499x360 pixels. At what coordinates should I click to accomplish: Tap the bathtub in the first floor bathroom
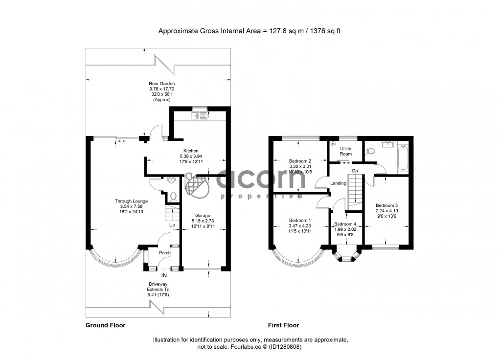click(403, 157)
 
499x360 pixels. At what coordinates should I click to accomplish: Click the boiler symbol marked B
click(333, 144)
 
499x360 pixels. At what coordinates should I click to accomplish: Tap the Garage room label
click(203, 215)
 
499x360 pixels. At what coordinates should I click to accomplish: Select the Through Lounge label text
click(131, 201)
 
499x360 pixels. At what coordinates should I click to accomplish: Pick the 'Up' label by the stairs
click(172, 225)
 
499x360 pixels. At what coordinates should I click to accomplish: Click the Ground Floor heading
click(105, 325)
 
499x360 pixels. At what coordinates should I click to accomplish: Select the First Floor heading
click(283, 325)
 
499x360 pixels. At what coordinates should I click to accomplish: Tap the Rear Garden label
click(161, 84)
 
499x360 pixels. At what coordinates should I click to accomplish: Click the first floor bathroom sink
click(387, 144)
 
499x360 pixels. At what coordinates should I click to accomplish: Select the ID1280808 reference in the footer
click(283, 347)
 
